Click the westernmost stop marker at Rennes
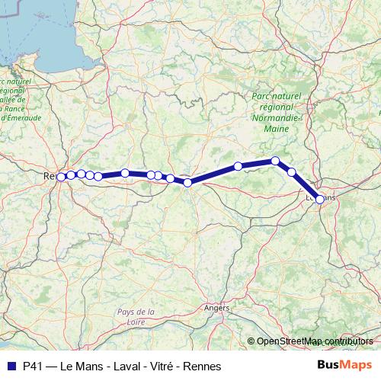coord(62,177)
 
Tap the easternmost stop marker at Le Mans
coord(319,199)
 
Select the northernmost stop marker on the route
coord(275,161)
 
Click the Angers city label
coord(216,308)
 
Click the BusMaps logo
coord(344,365)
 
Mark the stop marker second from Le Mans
coord(291,172)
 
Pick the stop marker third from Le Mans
coord(275,161)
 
